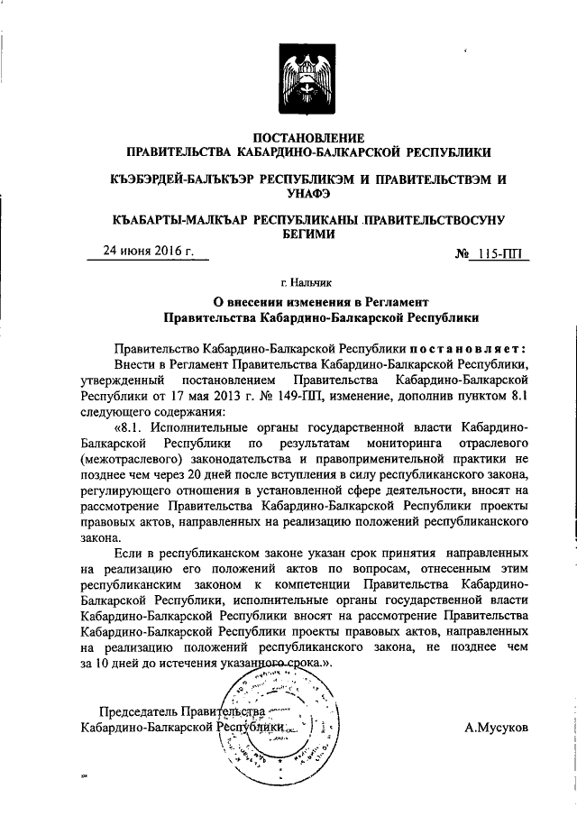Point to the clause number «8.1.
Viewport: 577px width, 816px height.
[x=132, y=426]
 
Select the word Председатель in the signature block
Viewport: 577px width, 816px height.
[x=139, y=711]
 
